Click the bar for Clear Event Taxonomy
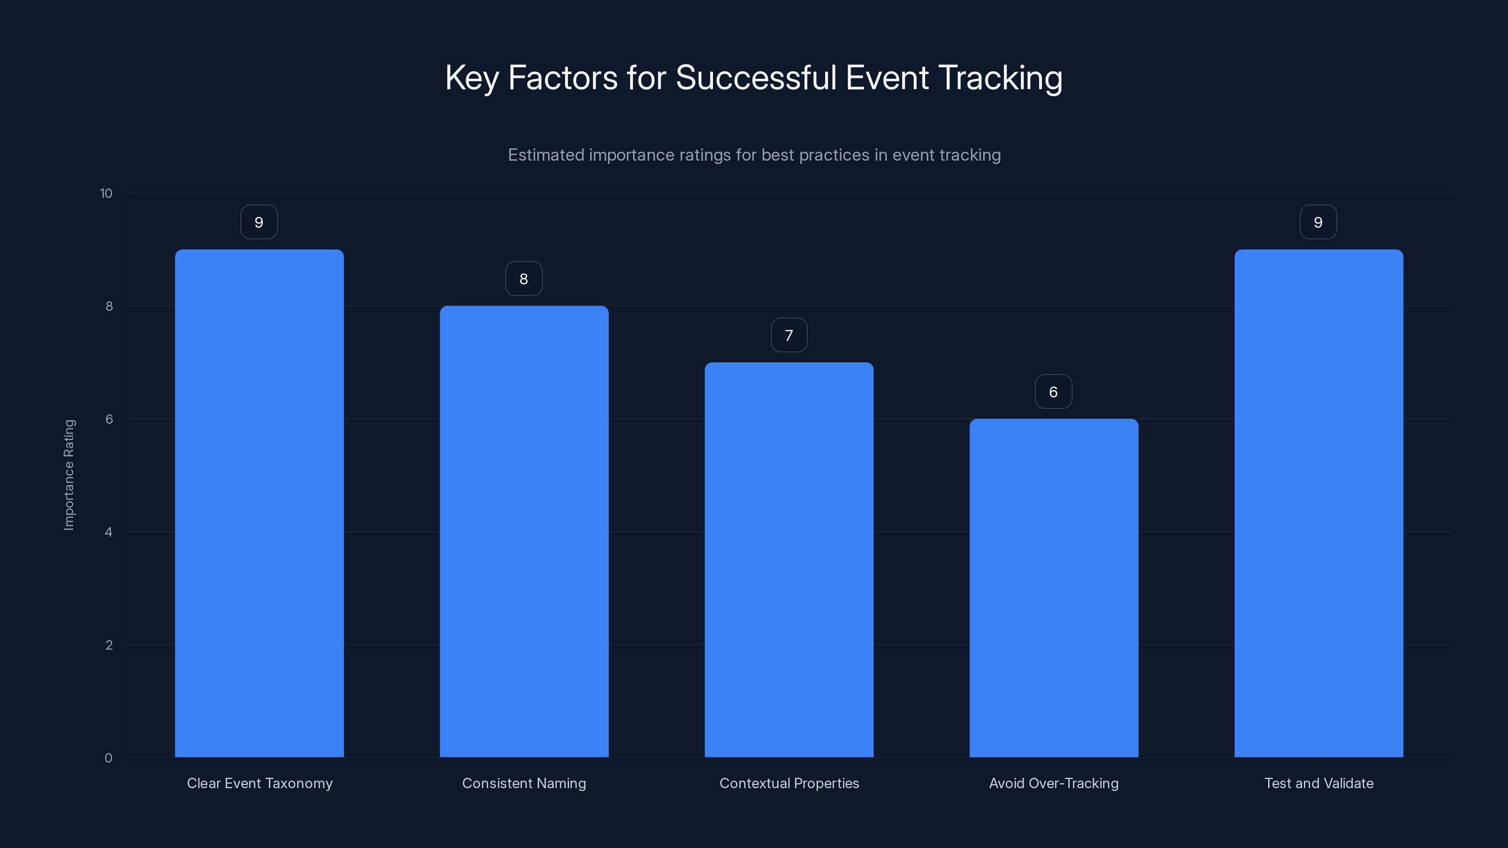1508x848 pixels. tap(259, 503)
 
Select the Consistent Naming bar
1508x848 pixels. tap(524, 531)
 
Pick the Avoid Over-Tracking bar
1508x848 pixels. tap(1054, 587)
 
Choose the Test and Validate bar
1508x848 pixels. tap(1319, 503)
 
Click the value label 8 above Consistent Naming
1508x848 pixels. tap(524, 278)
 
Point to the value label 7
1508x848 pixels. tap(789, 335)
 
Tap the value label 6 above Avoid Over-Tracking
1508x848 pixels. tap(1054, 391)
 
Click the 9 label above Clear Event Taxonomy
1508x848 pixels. tap(259, 222)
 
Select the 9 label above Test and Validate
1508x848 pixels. tap(1319, 222)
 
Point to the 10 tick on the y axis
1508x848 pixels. tap(106, 193)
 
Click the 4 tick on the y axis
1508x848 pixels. tap(109, 532)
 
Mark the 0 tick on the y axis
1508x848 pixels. tap(109, 758)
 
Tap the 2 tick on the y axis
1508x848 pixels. tap(109, 645)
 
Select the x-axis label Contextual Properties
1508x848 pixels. tap(789, 783)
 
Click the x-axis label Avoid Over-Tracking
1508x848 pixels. tap(1054, 783)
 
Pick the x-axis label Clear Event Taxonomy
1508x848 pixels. tap(259, 783)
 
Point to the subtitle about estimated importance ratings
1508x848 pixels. tap(754, 155)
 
